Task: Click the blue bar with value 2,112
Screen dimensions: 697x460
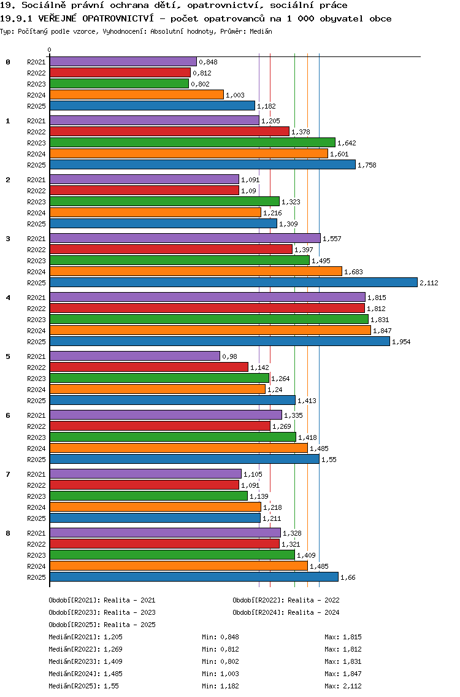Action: point(233,282)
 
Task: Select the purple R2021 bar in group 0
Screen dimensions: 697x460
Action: point(123,61)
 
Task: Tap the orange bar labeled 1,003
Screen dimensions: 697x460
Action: point(136,94)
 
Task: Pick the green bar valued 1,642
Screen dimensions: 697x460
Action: point(192,142)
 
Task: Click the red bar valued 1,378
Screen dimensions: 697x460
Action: point(169,131)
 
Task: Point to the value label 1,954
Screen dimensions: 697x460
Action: point(401,342)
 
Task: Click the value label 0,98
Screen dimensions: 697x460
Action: point(229,356)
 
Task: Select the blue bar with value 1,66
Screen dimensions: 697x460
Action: point(194,577)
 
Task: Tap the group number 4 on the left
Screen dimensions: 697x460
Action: point(8,298)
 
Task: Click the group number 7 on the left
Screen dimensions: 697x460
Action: point(8,474)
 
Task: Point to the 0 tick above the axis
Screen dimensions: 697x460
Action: point(50,50)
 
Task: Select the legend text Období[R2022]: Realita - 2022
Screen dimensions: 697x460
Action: point(286,600)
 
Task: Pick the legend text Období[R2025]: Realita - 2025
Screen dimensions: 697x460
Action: point(102,625)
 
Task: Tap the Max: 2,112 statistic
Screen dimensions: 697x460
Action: point(343,686)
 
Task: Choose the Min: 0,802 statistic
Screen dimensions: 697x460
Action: point(220,661)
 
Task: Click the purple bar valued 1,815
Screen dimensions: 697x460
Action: point(207,297)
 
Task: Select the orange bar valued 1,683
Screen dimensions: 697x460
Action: point(196,271)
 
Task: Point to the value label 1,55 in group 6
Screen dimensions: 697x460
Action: point(329,460)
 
